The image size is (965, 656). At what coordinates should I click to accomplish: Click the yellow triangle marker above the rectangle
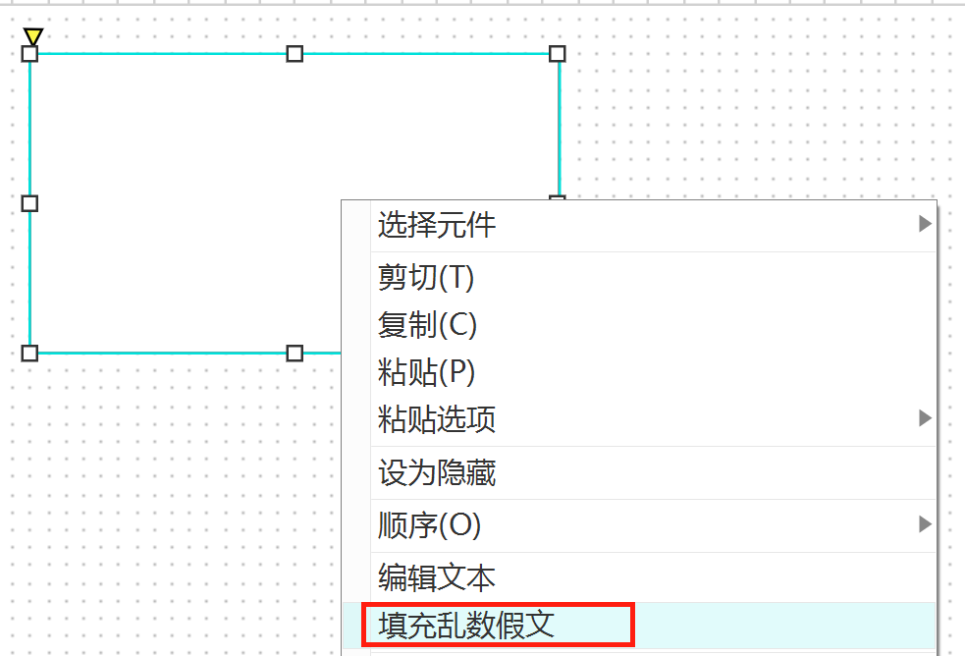pos(33,36)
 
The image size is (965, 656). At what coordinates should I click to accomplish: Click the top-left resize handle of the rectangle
pos(29,53)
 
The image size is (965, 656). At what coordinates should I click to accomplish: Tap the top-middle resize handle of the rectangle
pos(295,53)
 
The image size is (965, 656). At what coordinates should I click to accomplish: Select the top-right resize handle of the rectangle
pos(557,53)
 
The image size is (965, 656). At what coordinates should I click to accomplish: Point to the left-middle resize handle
pos(29,203)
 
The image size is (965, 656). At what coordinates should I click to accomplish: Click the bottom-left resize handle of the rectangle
pos(29,353)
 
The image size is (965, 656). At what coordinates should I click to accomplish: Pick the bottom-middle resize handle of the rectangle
pos(295,353)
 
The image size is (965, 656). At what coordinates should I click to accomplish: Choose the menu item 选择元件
pos(437,226)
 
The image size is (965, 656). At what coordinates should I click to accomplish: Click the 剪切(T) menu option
pos(426,278)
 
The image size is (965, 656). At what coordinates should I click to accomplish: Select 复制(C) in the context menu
pos(427,325)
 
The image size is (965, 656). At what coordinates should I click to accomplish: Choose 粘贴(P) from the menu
pos(426,372)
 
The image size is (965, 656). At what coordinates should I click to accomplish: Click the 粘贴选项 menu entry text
pos(437,419)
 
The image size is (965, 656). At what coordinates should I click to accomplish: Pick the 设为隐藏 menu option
pos(437,473)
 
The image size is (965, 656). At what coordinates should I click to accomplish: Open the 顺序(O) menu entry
pos(429,525)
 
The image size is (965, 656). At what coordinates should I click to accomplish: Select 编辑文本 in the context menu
pos(437,577)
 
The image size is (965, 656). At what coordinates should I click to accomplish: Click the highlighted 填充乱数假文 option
pos(466,625)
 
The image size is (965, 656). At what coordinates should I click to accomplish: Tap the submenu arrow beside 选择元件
pos(924,224)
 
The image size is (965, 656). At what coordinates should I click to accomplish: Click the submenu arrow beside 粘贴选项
pos(924,418)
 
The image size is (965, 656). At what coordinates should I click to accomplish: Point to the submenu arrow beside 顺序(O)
pos(924,524)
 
